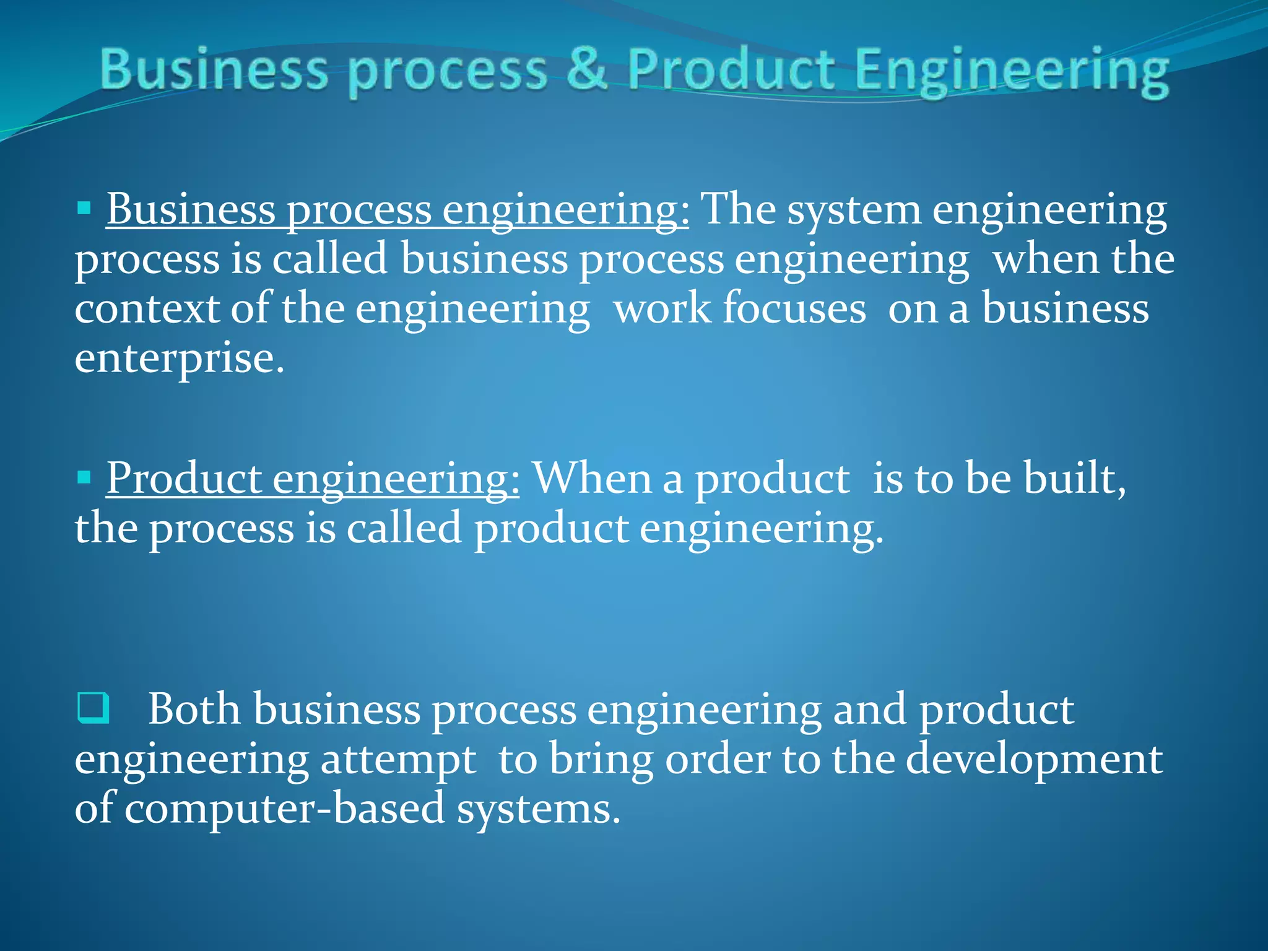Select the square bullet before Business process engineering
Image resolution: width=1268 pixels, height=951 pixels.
[84, 207]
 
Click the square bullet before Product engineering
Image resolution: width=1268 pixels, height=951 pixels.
[84, 477]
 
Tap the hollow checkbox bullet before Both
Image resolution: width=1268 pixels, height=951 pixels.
[93, 708]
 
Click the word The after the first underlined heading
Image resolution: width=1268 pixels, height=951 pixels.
[737, 209]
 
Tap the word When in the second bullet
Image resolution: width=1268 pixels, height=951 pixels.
[592, 478]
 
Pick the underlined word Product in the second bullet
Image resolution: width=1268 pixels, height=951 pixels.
[184, 478]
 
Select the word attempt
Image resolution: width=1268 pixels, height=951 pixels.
[398, 760]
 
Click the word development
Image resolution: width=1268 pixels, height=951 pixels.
[1035, 760]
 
